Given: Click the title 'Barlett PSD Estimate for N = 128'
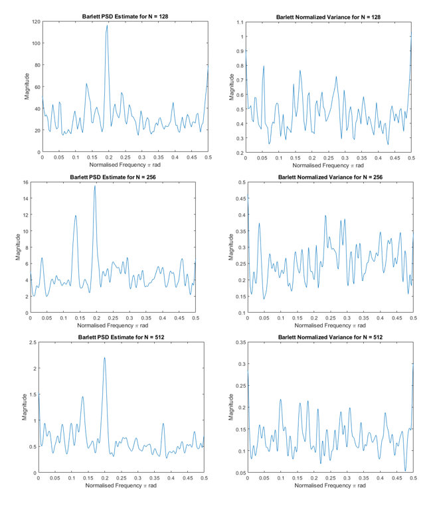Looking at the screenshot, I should coord(126,16).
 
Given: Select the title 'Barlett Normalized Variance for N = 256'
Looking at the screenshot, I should coord(329,177).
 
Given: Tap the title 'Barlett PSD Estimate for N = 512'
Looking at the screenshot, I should coord(121,337).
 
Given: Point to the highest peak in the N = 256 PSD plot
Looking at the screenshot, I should coord(95,186).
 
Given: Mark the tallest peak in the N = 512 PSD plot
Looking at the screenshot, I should coord(104,358).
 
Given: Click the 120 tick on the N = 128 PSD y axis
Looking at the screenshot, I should coord(35,21).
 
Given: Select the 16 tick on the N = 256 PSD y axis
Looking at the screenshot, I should coord(24,183).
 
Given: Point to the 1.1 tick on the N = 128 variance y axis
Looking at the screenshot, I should coord(238,22).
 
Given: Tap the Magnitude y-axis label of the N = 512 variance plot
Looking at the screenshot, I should coord(231,407).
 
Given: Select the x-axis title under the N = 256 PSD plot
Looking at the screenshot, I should coord(114,326).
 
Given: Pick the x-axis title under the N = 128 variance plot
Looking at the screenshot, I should coord(329,165).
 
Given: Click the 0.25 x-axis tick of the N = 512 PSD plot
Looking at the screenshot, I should coord(121,478).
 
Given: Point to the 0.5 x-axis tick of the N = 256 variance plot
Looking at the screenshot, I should coord(412,319).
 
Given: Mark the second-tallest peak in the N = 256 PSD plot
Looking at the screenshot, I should coord(76,215).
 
